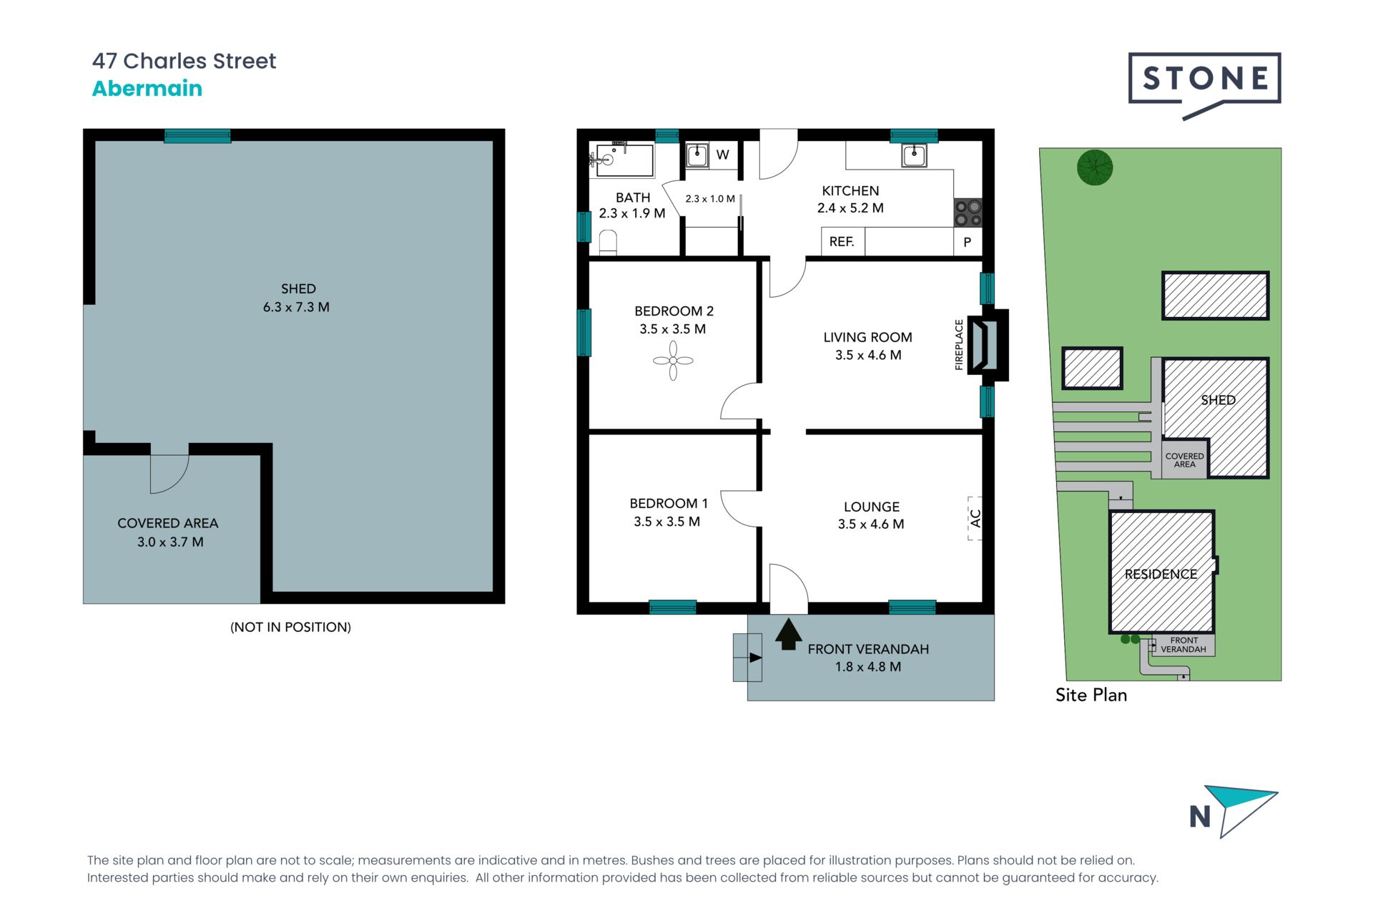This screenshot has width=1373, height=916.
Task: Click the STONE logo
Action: [x=1204, y=79]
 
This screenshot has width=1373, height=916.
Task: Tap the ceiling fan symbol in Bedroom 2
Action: [x=673, y=361]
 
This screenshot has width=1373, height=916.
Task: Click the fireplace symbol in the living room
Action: [x=986, y=345]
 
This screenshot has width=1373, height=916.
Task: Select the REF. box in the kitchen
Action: [x=842, y=242]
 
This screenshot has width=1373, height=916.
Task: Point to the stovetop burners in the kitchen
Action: [x=968, y=213]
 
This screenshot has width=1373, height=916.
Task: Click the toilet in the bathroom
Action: [x=608, y=242]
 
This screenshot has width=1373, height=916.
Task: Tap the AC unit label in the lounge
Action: [x=975, y=518]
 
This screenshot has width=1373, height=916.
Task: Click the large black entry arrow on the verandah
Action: [x=788, y=634]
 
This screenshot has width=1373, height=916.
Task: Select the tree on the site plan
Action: [x=1094, y=167]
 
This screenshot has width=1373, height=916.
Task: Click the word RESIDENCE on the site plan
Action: [x=1161, y=574]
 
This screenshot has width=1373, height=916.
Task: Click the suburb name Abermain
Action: [x=147, y=89]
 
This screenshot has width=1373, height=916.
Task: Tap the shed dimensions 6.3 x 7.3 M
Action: [x=296, y=307]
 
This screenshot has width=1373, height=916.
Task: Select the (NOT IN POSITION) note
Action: [x=290, y=627]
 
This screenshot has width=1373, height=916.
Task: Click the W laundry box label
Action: [x=723, y=155]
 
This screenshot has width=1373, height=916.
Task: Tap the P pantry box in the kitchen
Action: [x=967, y=242]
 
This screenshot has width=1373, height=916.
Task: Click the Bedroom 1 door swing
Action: [x=740, y=509]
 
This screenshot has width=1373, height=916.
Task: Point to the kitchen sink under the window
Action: [x=914, y=155]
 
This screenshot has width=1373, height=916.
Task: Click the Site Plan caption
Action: [x=1091, y=695]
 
